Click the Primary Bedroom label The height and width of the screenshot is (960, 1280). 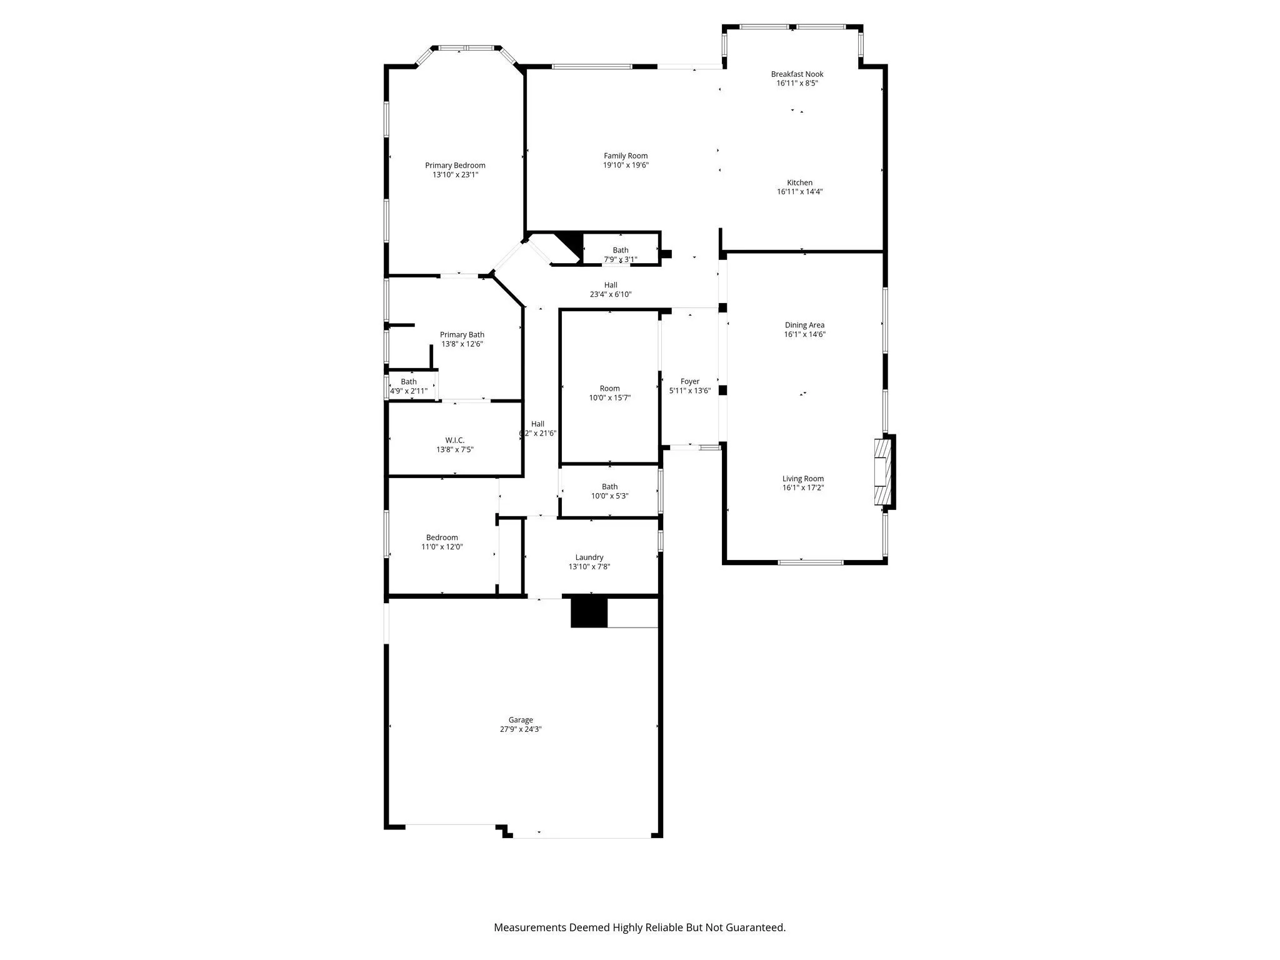pyautogui.click(x=455, y=166)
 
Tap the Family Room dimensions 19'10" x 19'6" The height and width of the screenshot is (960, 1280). pyautogui.click(x=625, y=166)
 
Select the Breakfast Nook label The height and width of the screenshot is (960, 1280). pyautogui.click(x=797, y=74)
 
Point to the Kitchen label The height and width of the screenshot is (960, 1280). pyautogui.click(x=799, y=182)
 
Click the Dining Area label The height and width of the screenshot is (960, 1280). pyautogui.click(x=804, y=325)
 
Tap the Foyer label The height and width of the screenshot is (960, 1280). pyautogui.click(x=690, y=381)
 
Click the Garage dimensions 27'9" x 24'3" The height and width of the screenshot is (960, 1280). pyautogui.click(x=520, y=729)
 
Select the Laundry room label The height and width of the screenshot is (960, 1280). pyautogui.click(x=589, y=557)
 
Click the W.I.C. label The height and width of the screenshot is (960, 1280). pyautogui.click(x=454, y=440)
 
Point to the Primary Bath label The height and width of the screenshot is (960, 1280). pyautogui.click(x=462, y=335)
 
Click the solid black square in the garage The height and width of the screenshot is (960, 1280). pyautogui.click(x=589, y=612)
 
